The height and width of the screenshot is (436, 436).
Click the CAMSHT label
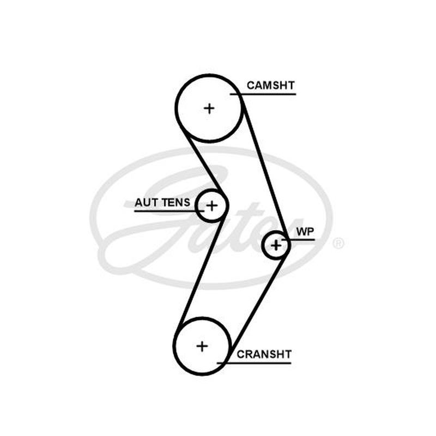(270, 86)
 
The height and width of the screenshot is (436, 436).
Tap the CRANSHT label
(264, 354)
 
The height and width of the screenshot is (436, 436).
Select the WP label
(305, 231)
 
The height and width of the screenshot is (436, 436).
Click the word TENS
(176, 202)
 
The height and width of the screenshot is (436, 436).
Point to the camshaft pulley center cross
(209, 108)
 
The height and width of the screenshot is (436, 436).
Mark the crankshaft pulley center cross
(202, 346)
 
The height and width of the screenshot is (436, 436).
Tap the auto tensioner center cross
(212, 206)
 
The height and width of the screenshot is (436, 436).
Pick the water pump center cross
(276, 245)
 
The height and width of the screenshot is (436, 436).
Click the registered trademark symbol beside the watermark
(338, 243)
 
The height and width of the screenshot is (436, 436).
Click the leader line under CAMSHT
(263, 94)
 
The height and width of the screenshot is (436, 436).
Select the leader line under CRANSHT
(254, 363)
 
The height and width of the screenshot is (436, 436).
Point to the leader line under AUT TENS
(169, 211)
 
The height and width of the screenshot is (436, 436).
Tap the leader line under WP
(298, 239)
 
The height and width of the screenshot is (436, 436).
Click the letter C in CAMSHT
(251, 86)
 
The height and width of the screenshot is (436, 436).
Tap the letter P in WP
(310, 231)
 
